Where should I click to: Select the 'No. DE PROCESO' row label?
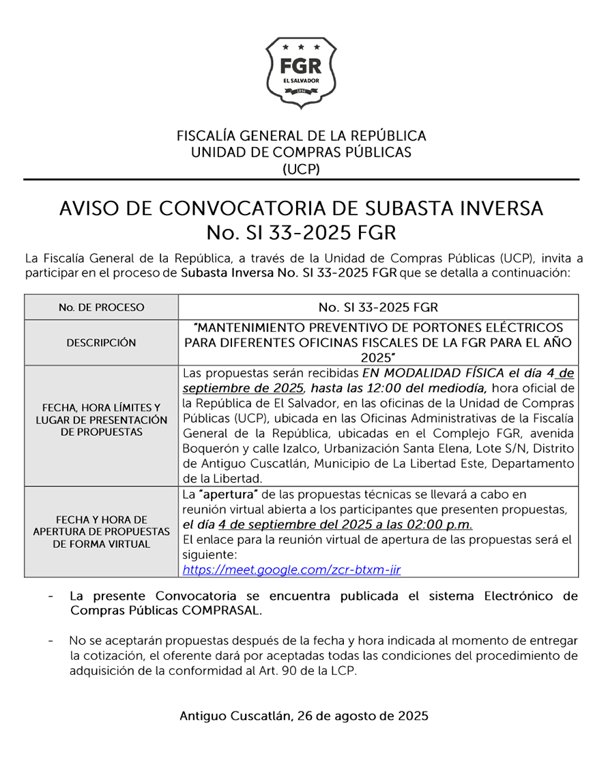[x=101, y=307]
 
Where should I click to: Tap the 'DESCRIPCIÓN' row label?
[x=101, y=343]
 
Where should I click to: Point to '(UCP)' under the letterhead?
[x=301, y=169]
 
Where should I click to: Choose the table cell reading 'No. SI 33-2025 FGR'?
[x=378, y=307]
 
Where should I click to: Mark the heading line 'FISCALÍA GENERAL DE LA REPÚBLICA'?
[x=301, y=135]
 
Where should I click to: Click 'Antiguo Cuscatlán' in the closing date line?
[x=235, y=716]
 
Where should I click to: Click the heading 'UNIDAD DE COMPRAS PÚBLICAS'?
[x=301, y=152]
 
